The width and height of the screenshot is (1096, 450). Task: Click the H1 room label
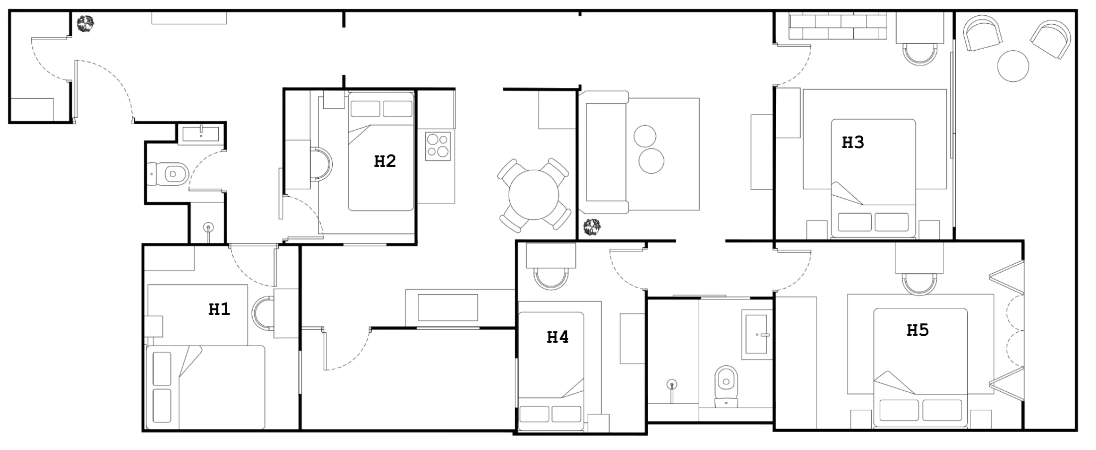pyautogui.click(x=219, y=309)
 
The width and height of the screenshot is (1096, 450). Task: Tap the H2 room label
pyautogui.click(x=385, y=161)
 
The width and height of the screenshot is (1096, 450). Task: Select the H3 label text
pyautogui.click(x=853, y=143)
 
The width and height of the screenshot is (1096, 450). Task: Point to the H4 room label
pyautogui.click(x=557, y=337)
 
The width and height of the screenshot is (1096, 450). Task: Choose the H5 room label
pyautogui.click(x=917, y=330)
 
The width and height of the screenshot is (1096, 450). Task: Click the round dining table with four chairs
pyautogui.click(x=534, y=195)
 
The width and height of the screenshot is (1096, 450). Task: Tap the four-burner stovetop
pyautogui.click(x=438, y=146)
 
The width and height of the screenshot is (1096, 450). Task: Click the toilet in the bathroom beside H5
pyautogui.click(x=726, y=387)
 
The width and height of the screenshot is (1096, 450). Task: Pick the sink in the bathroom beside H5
pyautogui.click(x=756, y=334)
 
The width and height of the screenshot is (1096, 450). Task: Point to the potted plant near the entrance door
pyautogui.click(x=86, y=23)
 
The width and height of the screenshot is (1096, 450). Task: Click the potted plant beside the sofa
pyautogui.click(x=592, y=227)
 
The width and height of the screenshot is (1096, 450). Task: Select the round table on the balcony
pyautogui.click(x=1013, y=66)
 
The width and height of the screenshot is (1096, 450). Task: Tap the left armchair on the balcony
pyautogui.click(x=982, y=33)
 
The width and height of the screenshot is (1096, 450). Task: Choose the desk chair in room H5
pyautogui.click(x=919, y=284)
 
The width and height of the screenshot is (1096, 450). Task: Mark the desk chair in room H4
pyautogui.click(x=550, y=279)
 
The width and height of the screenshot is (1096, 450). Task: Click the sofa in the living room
pyautogui.click(x=604, y=152)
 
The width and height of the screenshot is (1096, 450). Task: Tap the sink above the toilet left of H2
pyautogui.click(x=201, y=134)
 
